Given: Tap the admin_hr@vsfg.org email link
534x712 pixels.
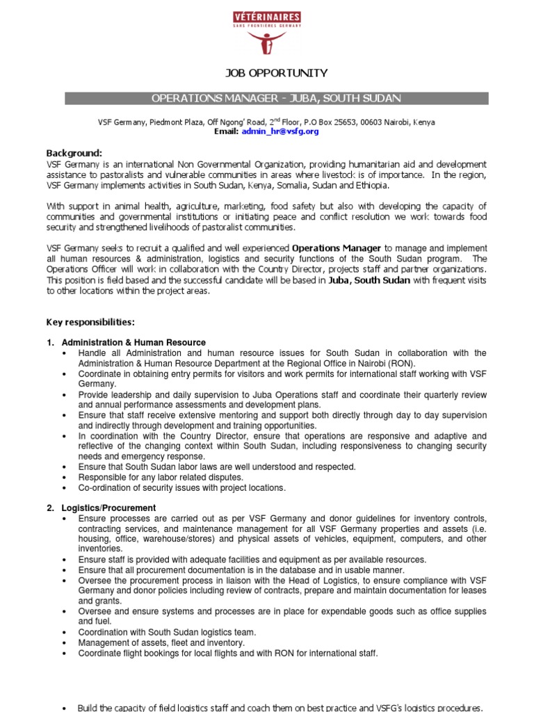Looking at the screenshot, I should [280, 131].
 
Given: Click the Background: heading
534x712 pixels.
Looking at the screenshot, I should [74, 153].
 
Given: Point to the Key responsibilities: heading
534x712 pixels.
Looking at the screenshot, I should [90, 323].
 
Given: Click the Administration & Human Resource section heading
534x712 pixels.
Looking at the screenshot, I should [133, 342].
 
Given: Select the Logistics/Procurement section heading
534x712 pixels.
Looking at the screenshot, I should [108, 508].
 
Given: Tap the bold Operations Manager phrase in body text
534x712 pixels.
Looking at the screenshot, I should [336, 248].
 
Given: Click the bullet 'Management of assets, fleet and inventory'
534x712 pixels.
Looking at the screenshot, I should [161, 642].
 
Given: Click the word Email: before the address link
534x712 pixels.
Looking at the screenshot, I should [226, 131].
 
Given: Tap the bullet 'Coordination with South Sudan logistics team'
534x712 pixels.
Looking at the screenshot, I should [167, 632].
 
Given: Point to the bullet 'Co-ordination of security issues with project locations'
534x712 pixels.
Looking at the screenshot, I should [182, 488].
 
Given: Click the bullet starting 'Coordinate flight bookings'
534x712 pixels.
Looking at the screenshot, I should [228, 653].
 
